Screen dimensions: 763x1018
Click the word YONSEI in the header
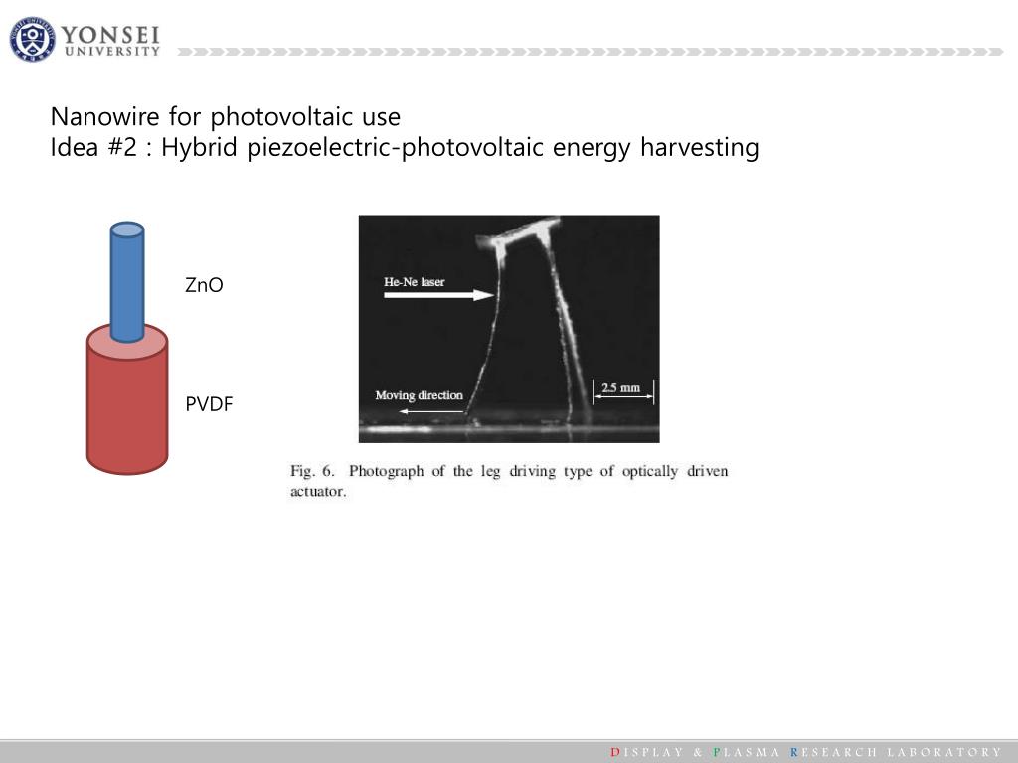point(110,34)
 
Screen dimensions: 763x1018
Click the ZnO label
point(204,286)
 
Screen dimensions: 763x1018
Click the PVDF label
point(208,404)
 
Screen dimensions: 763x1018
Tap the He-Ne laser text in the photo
point(415,282)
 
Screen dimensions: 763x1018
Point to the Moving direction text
point(419,395)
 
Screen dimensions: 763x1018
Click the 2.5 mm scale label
point(621,387)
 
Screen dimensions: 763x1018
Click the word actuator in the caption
point(318,491)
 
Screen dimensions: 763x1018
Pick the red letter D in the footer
point(614,752)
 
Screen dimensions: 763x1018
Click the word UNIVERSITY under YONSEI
point(111,52)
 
